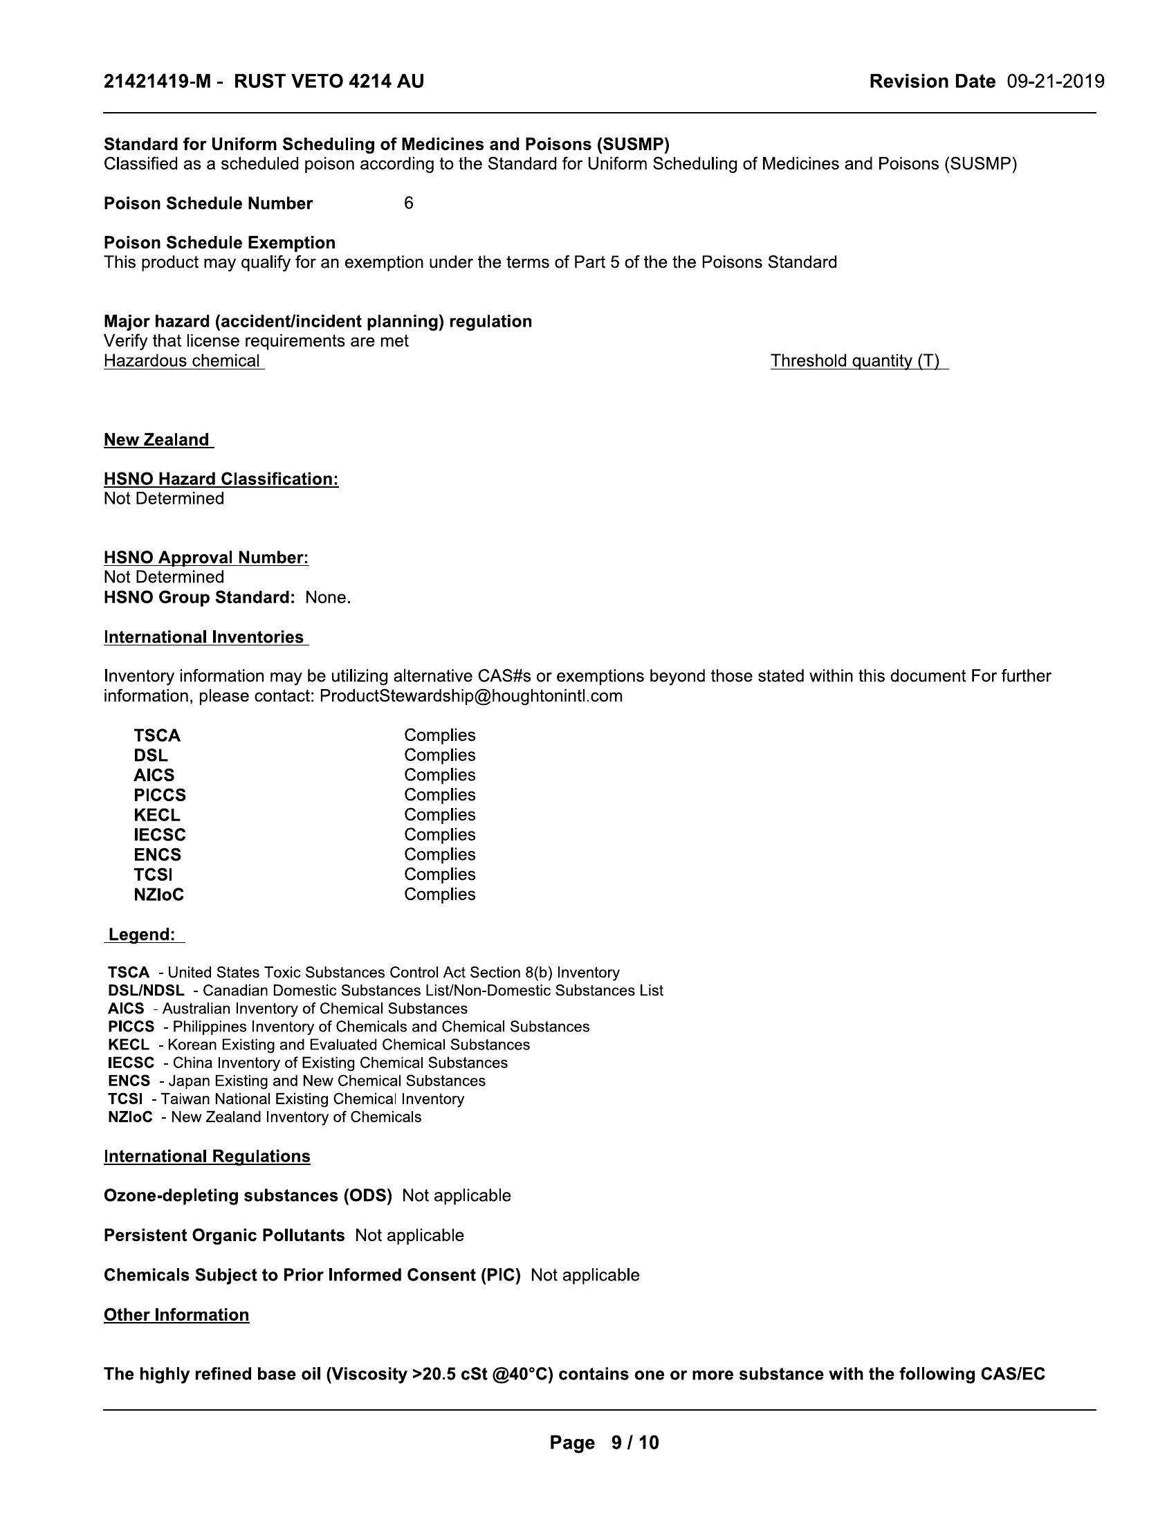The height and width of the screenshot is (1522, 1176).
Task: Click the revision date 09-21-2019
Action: [x=1055, y=82]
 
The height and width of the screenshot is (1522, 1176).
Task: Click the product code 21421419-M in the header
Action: [x=157, y=82]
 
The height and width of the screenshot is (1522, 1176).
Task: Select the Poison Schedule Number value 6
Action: [x=408, y=203]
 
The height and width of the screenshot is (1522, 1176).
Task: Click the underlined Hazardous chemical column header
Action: [x=182, y=361]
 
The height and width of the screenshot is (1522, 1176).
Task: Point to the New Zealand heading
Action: [x=157, y=440]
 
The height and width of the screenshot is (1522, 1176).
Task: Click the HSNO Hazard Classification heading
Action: [x=221, y=479]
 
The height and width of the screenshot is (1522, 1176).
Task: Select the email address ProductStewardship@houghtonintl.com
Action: [x=471, y=695]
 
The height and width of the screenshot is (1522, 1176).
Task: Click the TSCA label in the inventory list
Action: [x=157, y=736]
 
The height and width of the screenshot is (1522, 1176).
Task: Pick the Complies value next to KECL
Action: [x=439, y=815]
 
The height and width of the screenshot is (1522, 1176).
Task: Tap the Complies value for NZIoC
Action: [x=439, y=894]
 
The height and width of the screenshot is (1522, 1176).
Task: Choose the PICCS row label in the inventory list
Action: [x=160, y=795]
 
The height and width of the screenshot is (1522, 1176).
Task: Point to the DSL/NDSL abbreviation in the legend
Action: [x=146, y=990]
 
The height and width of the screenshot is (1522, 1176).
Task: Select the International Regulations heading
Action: [x=207, y=1156]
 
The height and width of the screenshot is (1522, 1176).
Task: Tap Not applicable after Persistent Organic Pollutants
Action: [x=409, y=1236]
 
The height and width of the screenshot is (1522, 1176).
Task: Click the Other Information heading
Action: [x=176, y=1315]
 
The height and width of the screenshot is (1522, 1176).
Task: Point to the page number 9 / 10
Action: [x=634, y=1442]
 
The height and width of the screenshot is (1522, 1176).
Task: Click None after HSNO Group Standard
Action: [x=327, y=597]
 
